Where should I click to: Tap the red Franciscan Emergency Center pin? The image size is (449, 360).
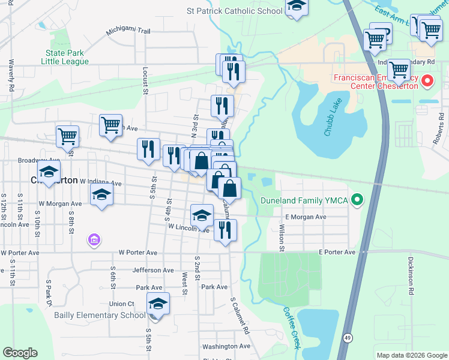pyautogui.click(x=427, y=80)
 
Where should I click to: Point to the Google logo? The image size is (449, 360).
pyautogui.click(x=20, y=353)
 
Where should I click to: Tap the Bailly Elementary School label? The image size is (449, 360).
pyautogui.click(x=100, y=315)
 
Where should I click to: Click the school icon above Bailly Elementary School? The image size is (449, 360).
pyautogui.click(x=158, y=304)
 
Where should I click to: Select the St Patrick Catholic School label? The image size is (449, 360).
pyautogui.click(x=234, y=11)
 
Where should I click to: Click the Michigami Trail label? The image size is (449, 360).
pyautogui.click(x=128, y=31)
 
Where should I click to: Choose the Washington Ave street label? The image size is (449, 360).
pyautogui.click(x=226, y=346)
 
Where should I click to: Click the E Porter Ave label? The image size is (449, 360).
pyautogui.click(x=337, y=253)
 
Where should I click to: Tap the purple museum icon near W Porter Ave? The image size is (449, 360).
pyautogui.click(x=93, y=240)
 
